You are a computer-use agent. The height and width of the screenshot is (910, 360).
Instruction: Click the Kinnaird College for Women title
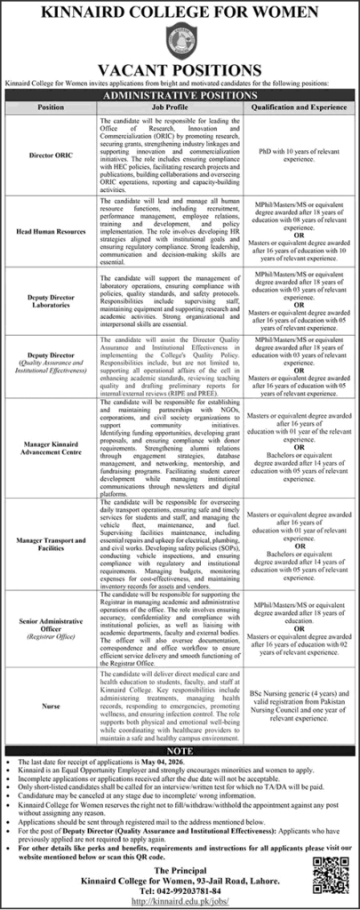pyautogui.click(x=180, y=12)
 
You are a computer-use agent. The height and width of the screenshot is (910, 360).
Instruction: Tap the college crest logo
pyautogui.click(x=180, y=43)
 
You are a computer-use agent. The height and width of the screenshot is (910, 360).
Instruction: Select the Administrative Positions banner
pyautogui.click(x=180, y=92)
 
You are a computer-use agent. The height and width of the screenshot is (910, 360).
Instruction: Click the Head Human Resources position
pyautogui.click(x=51, y=233)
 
